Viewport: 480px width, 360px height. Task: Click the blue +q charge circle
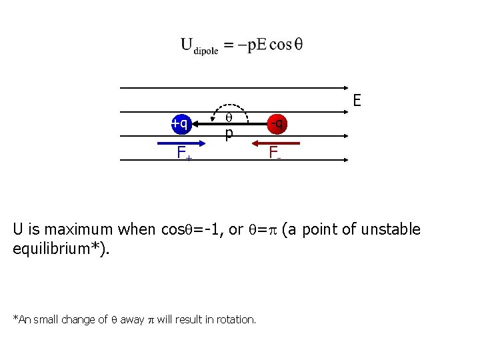click(x=180, y=123)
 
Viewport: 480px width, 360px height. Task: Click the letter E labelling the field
click(x=357, y=101)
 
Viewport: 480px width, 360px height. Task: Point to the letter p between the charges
click(x=229, y=133)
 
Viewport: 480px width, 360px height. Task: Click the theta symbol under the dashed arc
click(x=228, y=117)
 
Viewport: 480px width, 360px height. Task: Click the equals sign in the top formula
click(x=227, y=45)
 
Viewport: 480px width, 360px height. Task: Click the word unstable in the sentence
click(x=393, y=230)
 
